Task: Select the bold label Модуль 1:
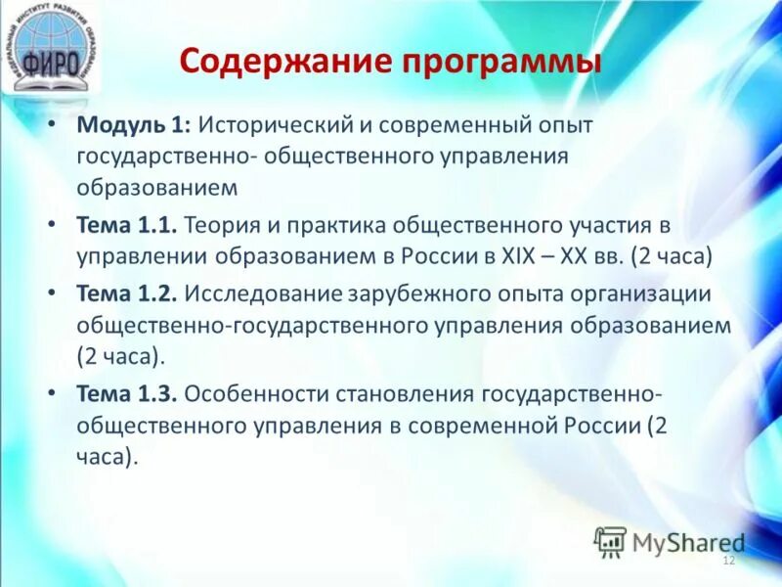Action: point(137,126)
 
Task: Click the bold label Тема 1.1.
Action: point(126,226)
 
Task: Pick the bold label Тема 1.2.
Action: point(126,294)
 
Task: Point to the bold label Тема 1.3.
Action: point(126,393)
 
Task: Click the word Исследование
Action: point(258,294)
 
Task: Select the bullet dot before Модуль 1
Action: point(53,127)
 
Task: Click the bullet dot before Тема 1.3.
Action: point(53,394)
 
